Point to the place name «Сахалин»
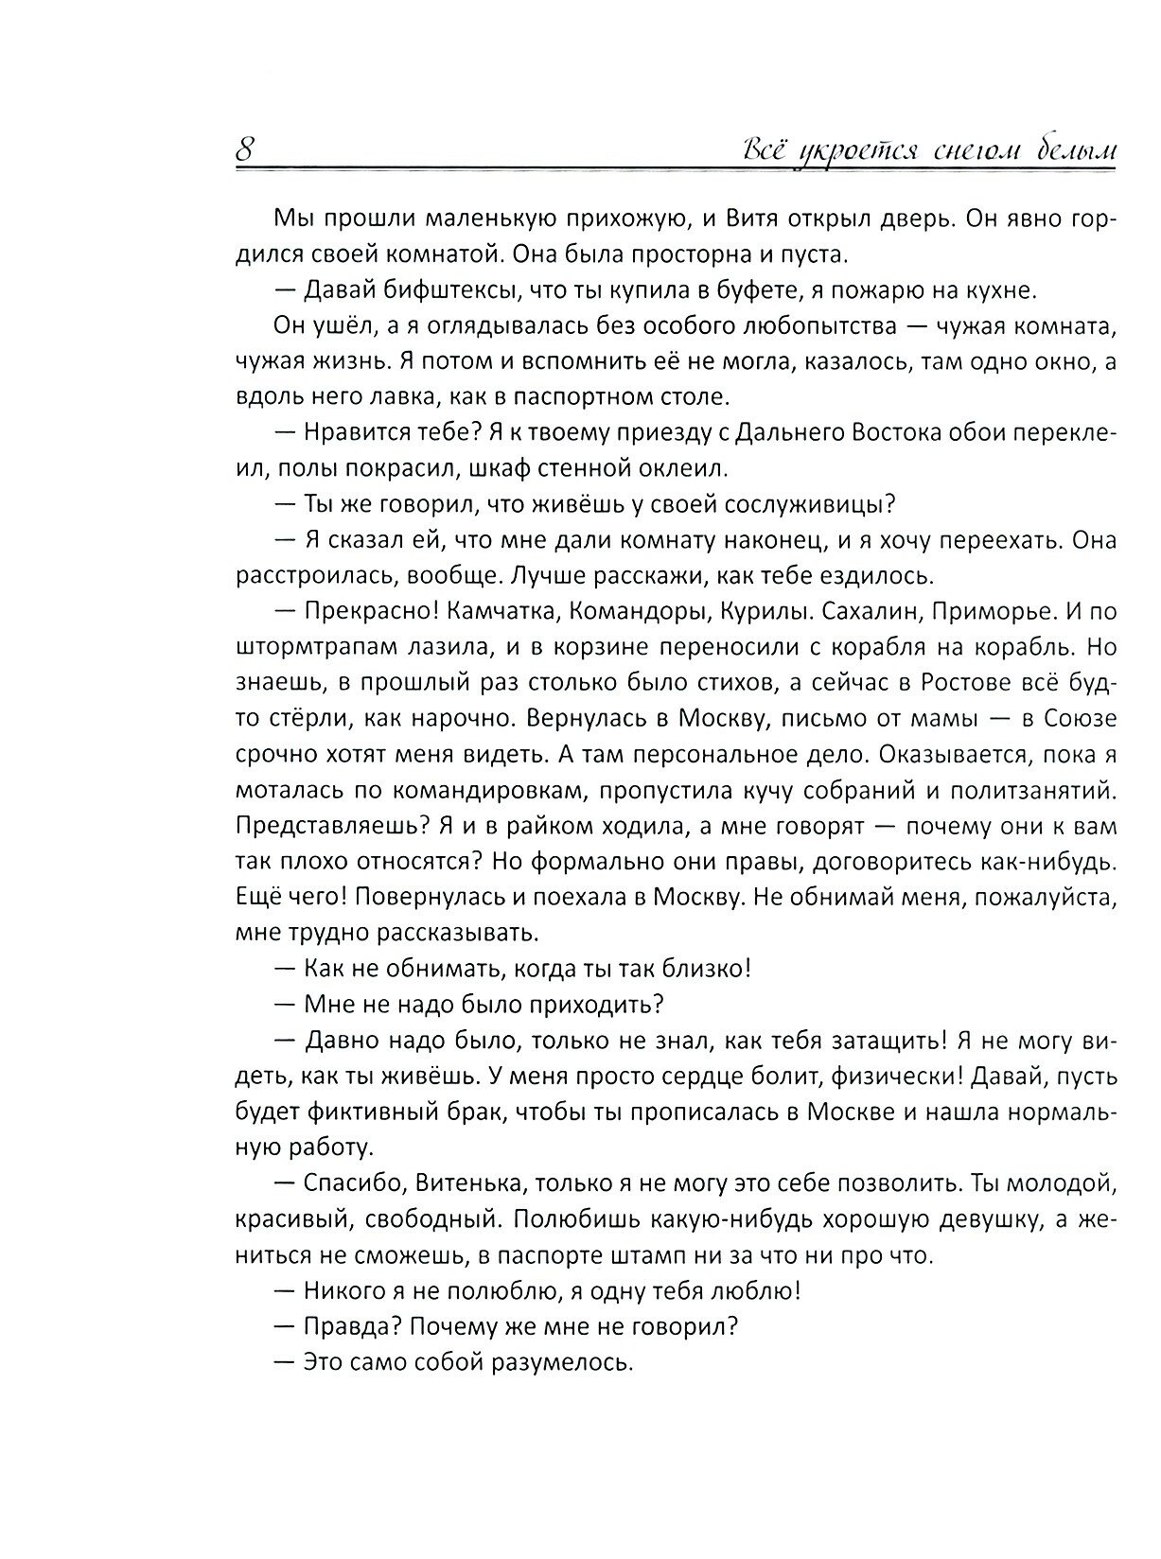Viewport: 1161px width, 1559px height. (x=868, y=612)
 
